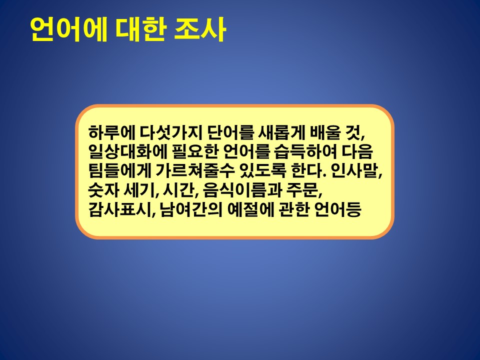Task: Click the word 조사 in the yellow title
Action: point(200,29)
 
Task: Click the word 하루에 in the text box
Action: point(111,132)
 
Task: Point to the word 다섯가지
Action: point(171,132)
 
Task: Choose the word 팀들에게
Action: point(119,171)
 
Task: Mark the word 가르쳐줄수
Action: point(194,171)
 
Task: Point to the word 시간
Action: point(177,190)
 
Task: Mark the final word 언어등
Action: point(338,209)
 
